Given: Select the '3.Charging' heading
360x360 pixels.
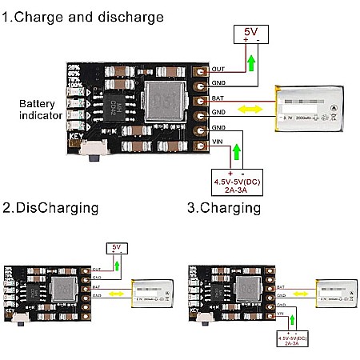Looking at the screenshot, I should [x=224, y=208].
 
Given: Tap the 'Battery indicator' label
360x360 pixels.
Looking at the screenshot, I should [x=38, y=110].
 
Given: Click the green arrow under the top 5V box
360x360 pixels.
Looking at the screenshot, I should [x=252, y=61].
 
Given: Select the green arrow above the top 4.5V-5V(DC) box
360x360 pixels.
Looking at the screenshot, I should [x=235, y=151].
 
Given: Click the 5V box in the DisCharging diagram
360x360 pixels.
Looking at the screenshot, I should [x=115, y=248].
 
